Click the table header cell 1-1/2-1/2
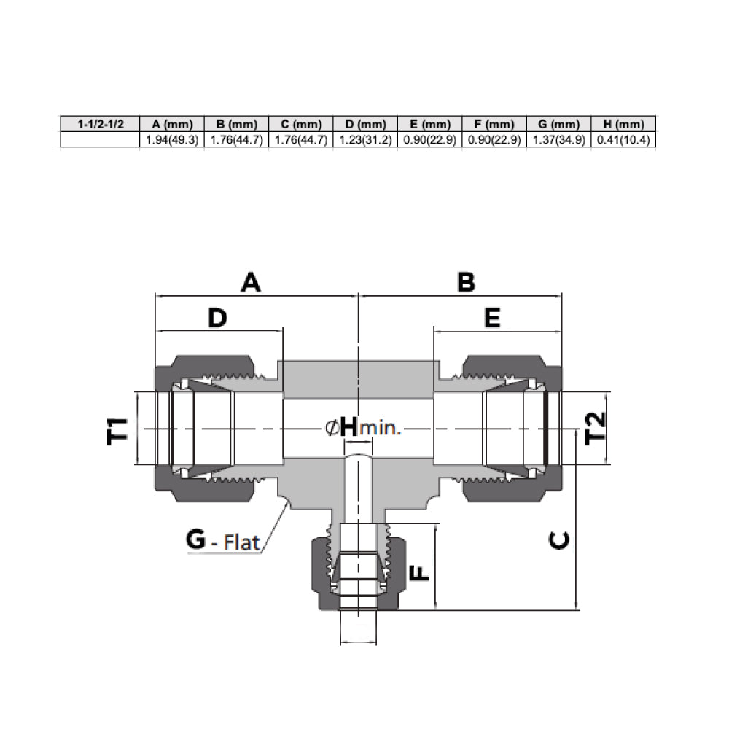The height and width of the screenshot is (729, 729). pyautogui.click(x=101, y=124)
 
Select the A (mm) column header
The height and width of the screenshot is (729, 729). pyautogui.click(x=172, y=124)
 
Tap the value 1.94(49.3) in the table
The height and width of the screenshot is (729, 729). pyautogui.click(x=172, y=139)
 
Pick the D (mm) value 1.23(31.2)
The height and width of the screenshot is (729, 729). pyautogui.click(x=365, y=139)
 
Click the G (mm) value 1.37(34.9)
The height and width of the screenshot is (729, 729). pyautogui.click(x=559, y=139)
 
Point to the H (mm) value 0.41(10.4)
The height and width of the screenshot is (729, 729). pyautogui.click(x=623, y=139)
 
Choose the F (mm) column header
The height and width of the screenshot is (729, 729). pyautogui.click(x=494, y=124)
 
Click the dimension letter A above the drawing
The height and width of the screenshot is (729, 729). pyautogui.click(x=251, y=282)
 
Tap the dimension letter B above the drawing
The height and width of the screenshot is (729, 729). pyautogui.click(x=467, y=282)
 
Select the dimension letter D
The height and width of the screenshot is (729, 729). pyautogui.click(x=217, y=319)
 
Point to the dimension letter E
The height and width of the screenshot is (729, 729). pyautogui.click(x=492, y=319)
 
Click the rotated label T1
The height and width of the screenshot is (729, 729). pyautogui.click(x=117, y=431)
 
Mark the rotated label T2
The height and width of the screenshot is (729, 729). pyautogui.click(x=596, y=428)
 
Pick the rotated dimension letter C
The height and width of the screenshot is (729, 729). pyautogui.click(x=559, y=540)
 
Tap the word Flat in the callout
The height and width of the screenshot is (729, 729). pyautogui.click(x=241, y=542)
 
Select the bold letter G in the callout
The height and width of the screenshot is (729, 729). pyautogui.click(x=195, y=539)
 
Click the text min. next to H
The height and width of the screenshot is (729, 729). pyautogui.click(x=381, y=428)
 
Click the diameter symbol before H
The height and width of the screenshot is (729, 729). pyautogui.click(x=332, y=427)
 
